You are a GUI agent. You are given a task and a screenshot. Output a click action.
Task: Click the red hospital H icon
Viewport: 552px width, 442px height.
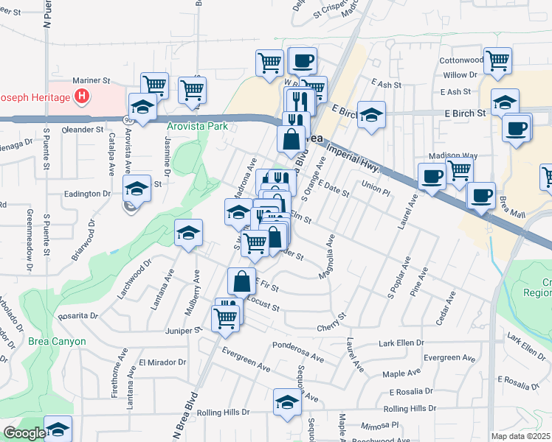coord(83,97)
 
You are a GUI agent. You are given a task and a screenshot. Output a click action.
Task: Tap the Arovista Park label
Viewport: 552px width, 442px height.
coord(196,126)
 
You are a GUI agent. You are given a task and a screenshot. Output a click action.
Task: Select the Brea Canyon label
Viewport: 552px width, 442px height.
coord(58,342)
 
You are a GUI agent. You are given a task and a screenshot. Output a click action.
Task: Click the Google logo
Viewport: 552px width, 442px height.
coord(24,433)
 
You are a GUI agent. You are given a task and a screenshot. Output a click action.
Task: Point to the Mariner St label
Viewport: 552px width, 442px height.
coord(91,81)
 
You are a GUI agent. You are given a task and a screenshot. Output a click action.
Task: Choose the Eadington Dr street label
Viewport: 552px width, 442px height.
coord(87,194)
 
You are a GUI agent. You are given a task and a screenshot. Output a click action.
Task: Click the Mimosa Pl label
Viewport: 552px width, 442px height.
coord(384,425)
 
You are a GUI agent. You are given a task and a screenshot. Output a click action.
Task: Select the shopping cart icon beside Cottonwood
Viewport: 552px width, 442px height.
coord(498,60)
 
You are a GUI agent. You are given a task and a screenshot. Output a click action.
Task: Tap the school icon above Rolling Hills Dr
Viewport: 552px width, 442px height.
coord(287,401)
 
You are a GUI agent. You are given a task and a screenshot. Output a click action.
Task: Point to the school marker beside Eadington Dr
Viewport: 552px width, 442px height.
coord(137,189)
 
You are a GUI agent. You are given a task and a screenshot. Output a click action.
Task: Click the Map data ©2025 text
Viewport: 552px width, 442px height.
coord(521,436)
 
